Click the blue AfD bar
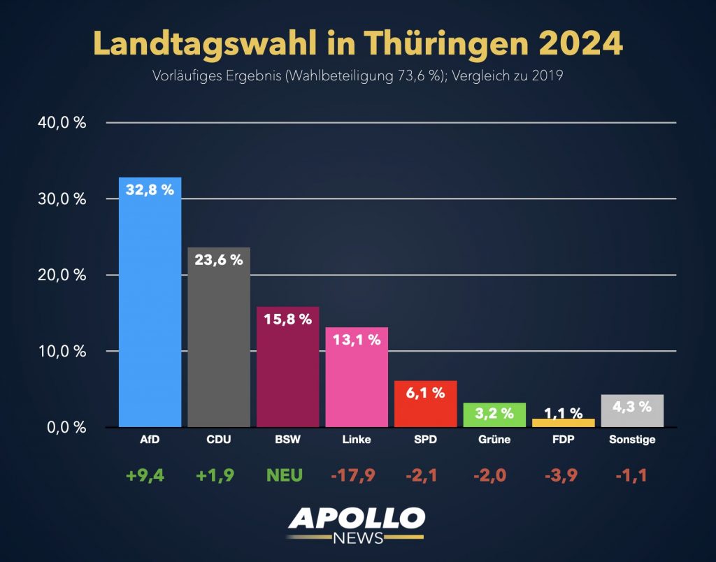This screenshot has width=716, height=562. point(150,308)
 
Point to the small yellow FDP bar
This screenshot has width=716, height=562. point(563,423)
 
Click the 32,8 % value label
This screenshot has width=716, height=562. point(150,189)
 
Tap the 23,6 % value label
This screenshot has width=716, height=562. point(219,260)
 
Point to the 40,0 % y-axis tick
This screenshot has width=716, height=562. point(62,123)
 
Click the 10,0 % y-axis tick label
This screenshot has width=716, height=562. point(62,351)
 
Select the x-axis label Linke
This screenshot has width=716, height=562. point(357,440)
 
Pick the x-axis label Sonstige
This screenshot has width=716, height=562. point(632,440)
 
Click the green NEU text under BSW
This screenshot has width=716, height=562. point(284,475)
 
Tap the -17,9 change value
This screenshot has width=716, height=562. point(353,475)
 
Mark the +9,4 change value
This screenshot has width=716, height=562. point(145,475)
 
